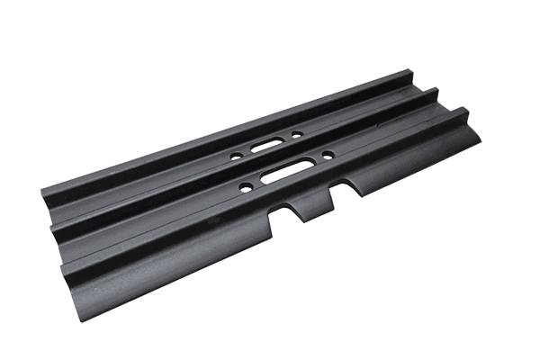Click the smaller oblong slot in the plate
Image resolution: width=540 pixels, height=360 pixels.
(265, 144)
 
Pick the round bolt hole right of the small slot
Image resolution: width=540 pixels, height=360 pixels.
(296, 134)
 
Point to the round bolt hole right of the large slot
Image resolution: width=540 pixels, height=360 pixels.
(328, 156)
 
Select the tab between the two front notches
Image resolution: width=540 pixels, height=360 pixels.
(316, 202)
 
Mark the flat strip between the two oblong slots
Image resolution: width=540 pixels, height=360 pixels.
(279, 155)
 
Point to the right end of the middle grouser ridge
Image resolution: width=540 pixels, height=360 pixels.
(435, 93)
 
